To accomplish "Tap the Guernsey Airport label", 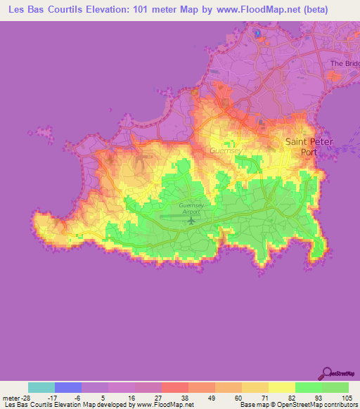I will point(191,209).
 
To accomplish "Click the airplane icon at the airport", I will point(191,221).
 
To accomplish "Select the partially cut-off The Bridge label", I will point(345,63).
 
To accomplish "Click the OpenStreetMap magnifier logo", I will point(327,373).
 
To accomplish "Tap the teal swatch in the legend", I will point(41,387).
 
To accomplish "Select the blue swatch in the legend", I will point(68,387).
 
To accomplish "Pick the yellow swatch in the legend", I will point(282,387).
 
